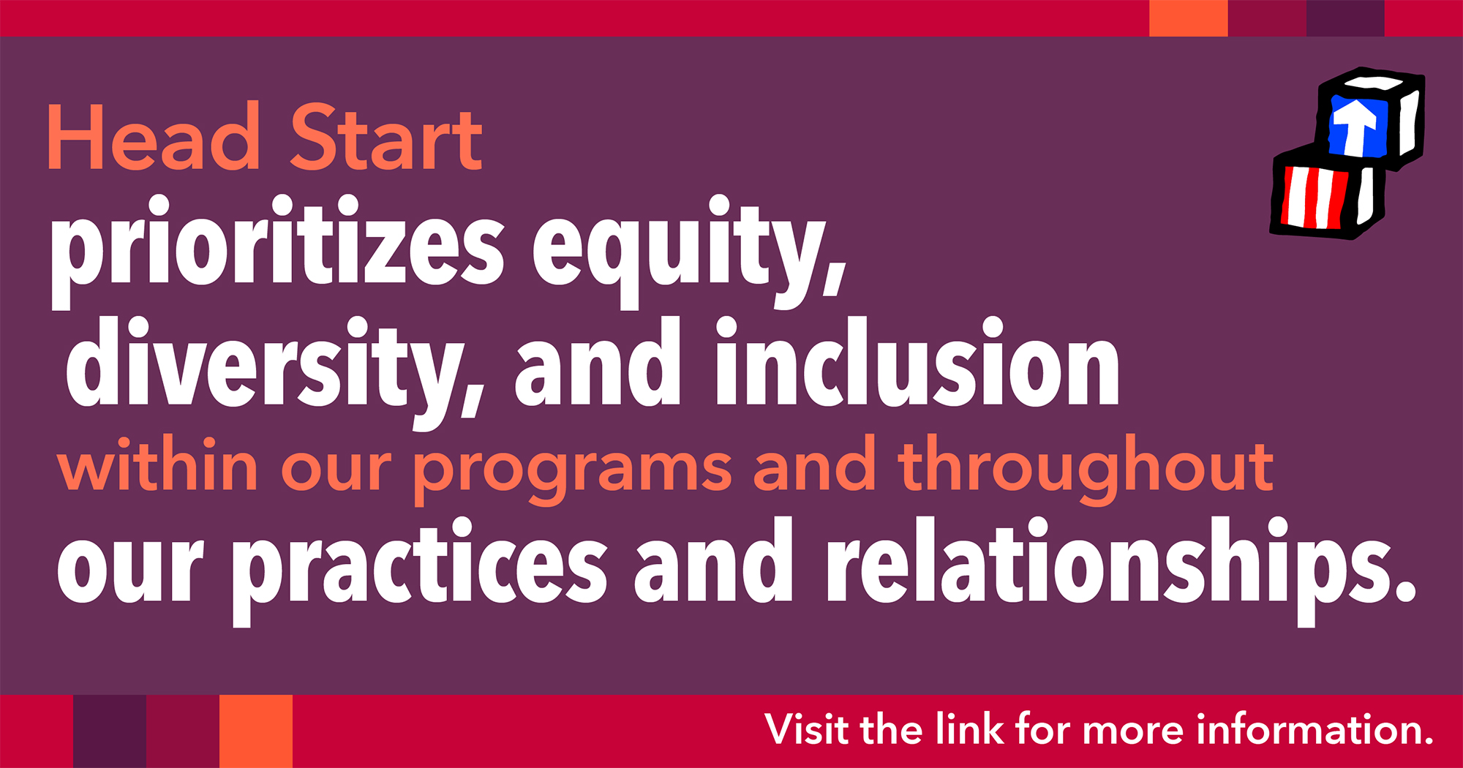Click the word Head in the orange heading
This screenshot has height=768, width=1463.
(x=153, y=137)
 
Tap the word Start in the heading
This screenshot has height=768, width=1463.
(x=386, y=137)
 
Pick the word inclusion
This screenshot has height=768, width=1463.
(x=917, y=361)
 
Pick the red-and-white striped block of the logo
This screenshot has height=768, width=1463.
(x=1324, y=192)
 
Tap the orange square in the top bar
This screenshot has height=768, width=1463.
(x=1189, y=18)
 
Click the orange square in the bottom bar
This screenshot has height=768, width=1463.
(x=256, y=731)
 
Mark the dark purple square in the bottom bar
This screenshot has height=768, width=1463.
(x=110, y=731)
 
